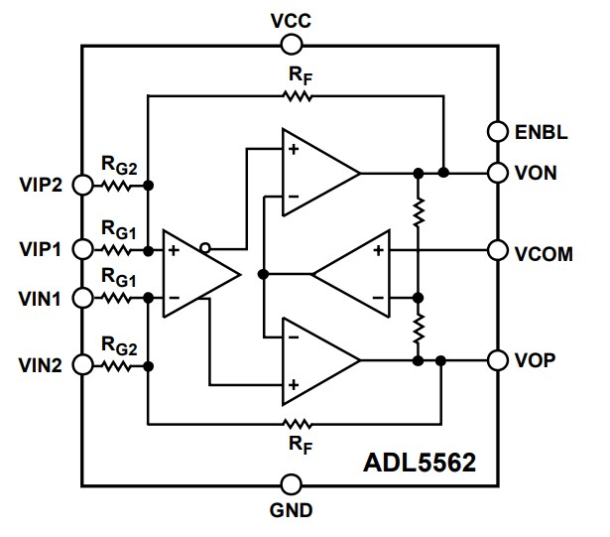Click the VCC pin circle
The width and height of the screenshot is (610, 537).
(x=291, y=44)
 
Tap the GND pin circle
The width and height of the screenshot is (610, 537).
(x=291, y=484)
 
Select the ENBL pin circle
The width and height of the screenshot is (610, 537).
(x=498, y=130)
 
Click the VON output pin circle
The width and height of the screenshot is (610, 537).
(x=498, y=173)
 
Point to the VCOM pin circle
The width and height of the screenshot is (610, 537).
(x=498, y=251)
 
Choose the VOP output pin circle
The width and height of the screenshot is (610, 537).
(x=498, y=359)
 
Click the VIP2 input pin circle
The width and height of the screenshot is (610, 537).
(x=83, y=186)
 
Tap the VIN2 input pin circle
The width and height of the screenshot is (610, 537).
(x=83, y=365)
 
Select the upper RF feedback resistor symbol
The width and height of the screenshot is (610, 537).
(x=297, y=96)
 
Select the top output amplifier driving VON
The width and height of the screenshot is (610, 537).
(x=315, y=173)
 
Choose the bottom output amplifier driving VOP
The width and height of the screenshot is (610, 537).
(x=315, y=361)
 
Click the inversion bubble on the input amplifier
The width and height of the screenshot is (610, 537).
(x=204, y=248)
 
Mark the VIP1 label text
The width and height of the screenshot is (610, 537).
(x=40, y=249)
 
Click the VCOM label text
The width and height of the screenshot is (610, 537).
(x=544, y=253)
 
